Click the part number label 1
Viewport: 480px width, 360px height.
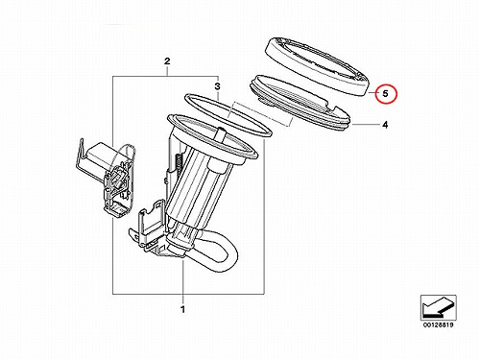pyautogui.click(x=182, y=309)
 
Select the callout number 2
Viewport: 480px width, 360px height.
pyautogui.click(x=167, y=61)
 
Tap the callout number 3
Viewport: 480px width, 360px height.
pyautogui.click(x=217, y=86)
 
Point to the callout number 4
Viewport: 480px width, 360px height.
pyautogui.click(x=385, y=125)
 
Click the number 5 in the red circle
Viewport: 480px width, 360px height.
pyautogui.click(x=386, y=94)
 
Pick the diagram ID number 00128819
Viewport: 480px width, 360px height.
pyautogui.click(x=438, y=324)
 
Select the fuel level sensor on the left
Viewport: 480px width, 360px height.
pyautogui.click(x=108, y=180)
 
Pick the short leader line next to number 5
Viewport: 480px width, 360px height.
pyautogui.click(x=372, y=93)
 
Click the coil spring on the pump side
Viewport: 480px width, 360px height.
pyautogui.click(x=178, y=162)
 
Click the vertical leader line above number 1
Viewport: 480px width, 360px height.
pyautogui.click(x=182, y=280)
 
